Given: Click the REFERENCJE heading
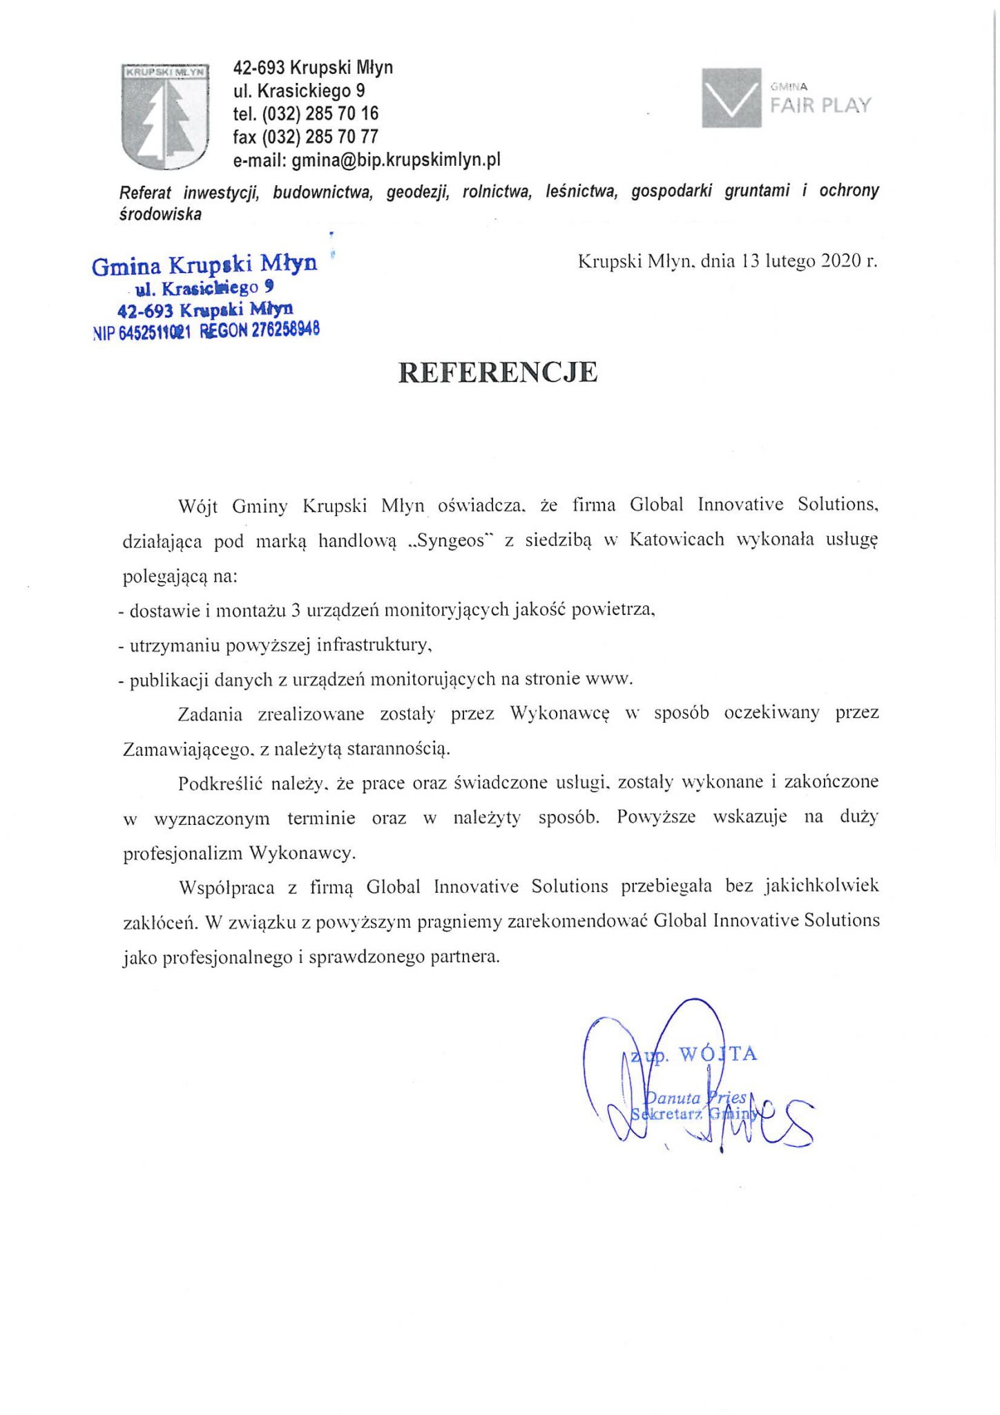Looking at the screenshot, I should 498,372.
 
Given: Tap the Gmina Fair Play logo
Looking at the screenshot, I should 787,97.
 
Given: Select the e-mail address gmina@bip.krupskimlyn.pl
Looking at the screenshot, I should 396,160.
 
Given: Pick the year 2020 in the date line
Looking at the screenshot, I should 841,260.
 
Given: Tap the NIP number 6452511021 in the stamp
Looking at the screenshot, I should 154,332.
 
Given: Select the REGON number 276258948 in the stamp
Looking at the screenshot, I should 285,330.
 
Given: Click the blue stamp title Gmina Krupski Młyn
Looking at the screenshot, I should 204,265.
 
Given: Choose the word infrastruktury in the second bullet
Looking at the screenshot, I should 374,645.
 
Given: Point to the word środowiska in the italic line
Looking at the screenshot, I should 161,215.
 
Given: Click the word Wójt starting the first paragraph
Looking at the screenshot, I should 198,506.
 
